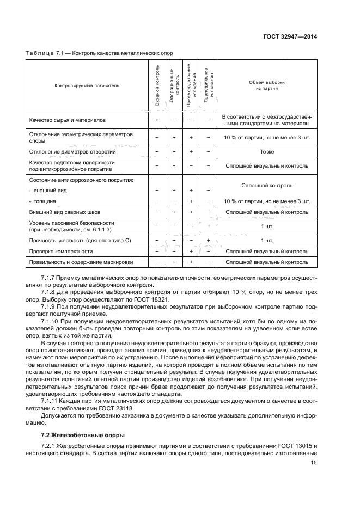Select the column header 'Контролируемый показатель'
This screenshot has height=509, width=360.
pos(87,85)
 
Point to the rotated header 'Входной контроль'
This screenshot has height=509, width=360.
pos(157,84)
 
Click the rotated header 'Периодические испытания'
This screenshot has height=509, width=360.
pos(209,85)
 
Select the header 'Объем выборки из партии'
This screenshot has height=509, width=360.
pos(267,85)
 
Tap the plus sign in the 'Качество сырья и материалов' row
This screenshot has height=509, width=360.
pos(157,119)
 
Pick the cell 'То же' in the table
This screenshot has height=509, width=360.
pos(267,151)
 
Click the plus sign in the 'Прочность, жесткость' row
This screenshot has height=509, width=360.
pos(209,240)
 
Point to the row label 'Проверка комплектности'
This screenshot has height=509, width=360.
pos(60,252)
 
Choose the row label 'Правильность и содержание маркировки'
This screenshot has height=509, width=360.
pos(81,262)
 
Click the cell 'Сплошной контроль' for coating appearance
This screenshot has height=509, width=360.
pos(267,185)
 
